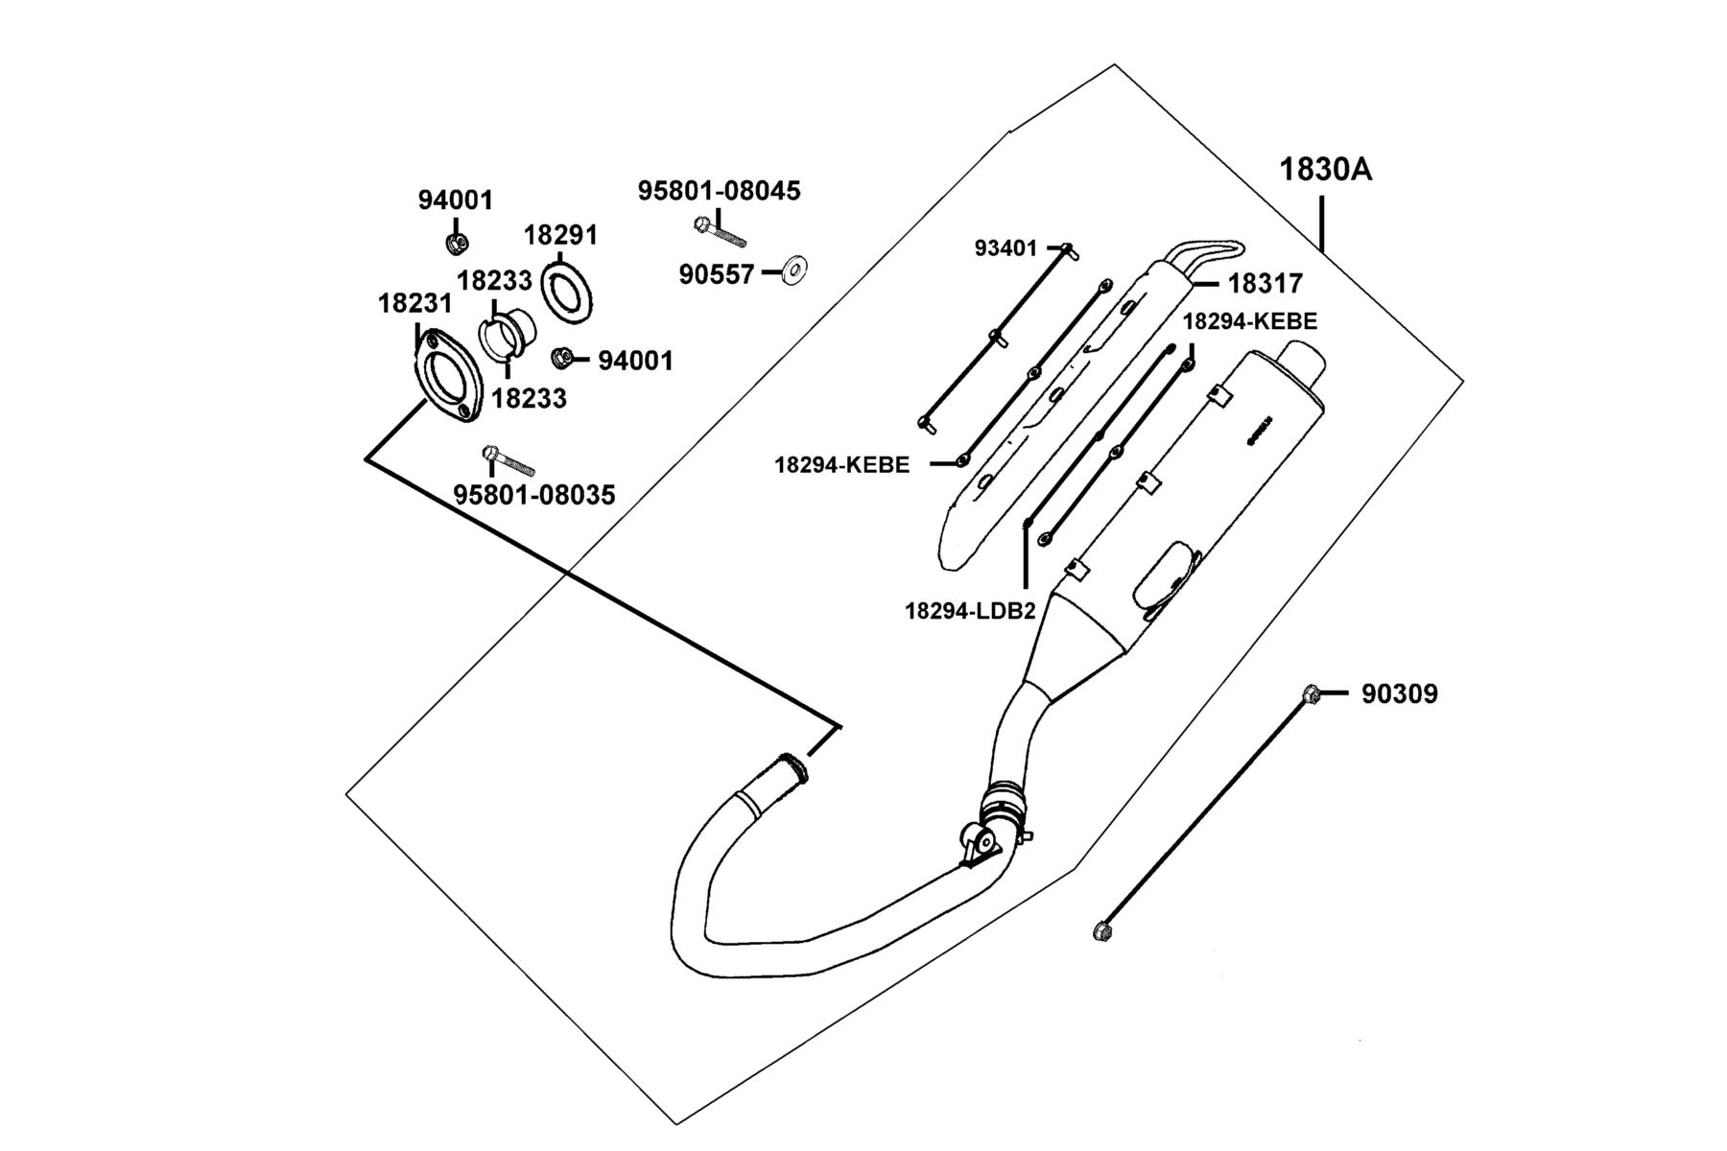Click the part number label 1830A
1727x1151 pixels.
coord(1326,170)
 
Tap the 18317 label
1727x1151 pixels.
coord(1266,284)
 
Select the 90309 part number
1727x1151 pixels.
coord(1400,693)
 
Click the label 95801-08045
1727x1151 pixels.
coord(720,190)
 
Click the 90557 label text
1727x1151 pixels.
coord(717,274)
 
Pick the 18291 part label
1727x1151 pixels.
coord(560,235)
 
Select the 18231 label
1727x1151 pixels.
coord(414,303)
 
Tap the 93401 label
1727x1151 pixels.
coord(1005,248)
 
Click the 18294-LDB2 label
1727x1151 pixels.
coord(970,611)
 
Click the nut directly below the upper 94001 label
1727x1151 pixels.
coord(457,243)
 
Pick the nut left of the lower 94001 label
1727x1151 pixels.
coord(563,358)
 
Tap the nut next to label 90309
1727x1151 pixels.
coord(1312,693)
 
